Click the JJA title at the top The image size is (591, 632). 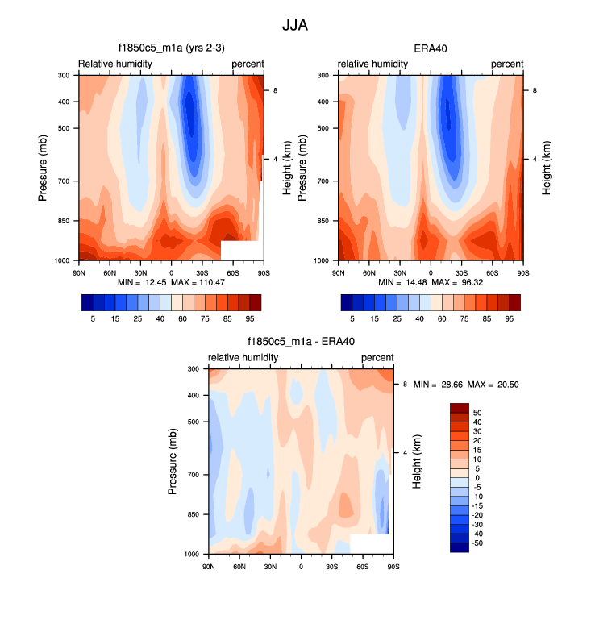(x=295, y=25)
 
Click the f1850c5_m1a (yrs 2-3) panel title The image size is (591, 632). (x=170, y=48)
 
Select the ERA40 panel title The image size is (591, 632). (x=431, y=48)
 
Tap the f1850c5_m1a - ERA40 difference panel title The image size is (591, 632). (x=301, y=341)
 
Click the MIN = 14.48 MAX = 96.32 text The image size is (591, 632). (x=430, y=282)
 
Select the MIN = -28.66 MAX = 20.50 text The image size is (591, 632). (x=466, y=385)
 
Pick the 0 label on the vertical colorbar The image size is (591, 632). (x=477, y=478)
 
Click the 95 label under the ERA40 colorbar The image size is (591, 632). (x=509, y=319)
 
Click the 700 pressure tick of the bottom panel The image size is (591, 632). (x=192, y=475)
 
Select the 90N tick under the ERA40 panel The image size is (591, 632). (x=339, y=273)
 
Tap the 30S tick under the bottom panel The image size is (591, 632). (x=331, y=567)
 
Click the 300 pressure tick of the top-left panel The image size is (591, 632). (x=63, y=76)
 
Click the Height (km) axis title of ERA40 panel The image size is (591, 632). (x=547, y=168)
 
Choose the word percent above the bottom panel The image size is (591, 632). (x=377, y=357)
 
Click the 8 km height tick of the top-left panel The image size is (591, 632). (x=276, y=91)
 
